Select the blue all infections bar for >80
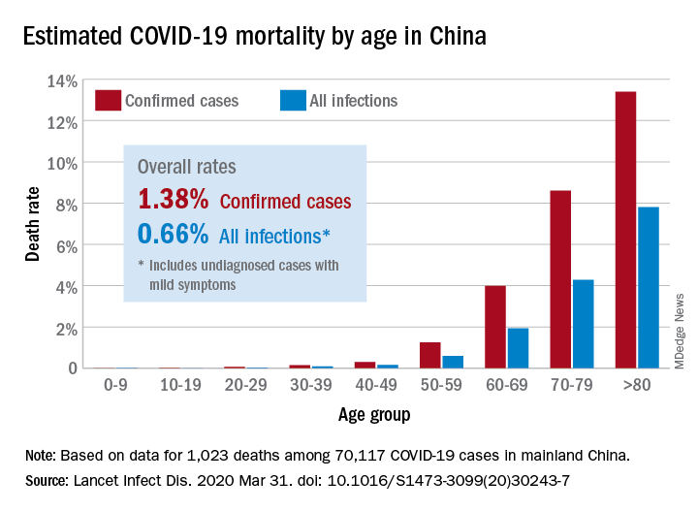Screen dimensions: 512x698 pos(649,287)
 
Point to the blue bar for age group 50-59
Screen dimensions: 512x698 pos(453,362)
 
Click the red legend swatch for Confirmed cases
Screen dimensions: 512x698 pos(108,100)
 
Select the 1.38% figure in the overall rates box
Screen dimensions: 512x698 pos(174,200)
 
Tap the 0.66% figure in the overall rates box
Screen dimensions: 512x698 pos(174,234)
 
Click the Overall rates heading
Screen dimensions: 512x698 pos(187,166)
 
